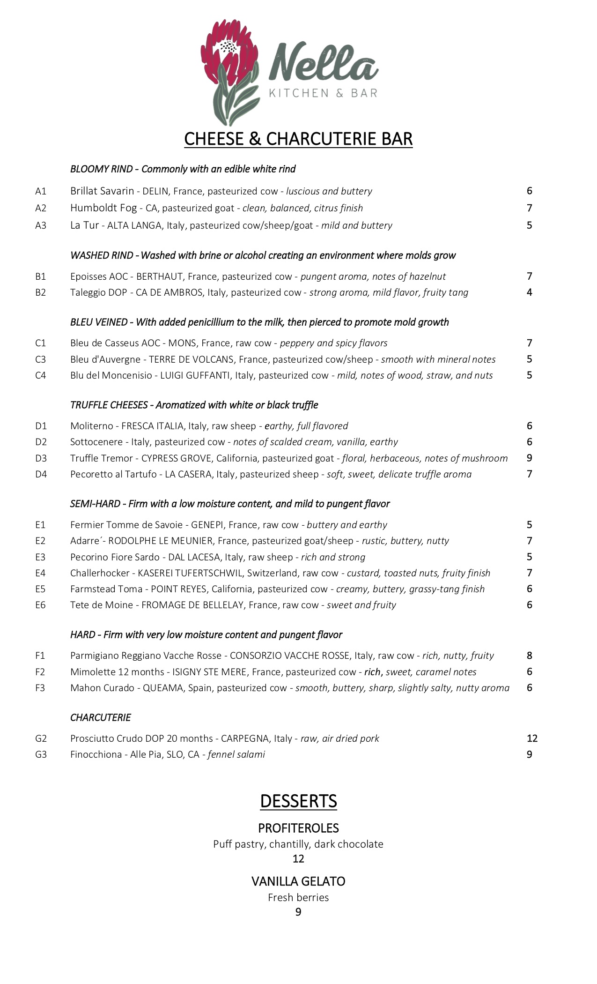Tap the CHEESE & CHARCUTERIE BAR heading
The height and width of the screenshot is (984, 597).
click(298, 139)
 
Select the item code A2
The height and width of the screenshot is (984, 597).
click(41, 208)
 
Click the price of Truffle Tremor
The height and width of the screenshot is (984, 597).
click(530, 458)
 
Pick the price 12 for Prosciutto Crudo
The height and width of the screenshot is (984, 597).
click(532, 738)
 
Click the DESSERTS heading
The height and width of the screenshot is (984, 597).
click(298, 801)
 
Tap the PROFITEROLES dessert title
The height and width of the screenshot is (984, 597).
click(298, 828)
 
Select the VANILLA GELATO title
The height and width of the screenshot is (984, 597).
click(298, 881)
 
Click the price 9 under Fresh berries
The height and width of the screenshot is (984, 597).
click(298, 912)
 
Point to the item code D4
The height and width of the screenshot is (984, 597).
click(41, 474)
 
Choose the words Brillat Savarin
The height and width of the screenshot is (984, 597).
click(102, 191)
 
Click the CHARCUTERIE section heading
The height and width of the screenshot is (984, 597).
click(100, 717)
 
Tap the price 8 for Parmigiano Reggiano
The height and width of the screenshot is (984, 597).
click(530, 656)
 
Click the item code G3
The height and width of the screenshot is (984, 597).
click(41, 754)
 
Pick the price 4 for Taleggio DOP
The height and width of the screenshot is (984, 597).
click(530, 292)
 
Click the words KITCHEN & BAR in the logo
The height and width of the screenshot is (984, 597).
click(323, 93)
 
